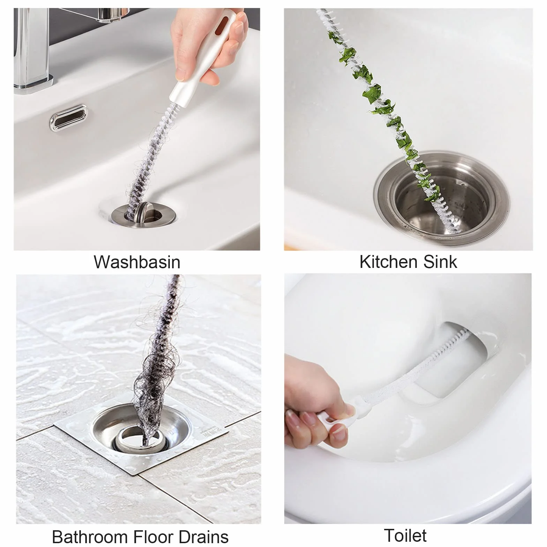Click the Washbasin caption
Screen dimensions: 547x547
[137, 262]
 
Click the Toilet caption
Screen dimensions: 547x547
[405, 535]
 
